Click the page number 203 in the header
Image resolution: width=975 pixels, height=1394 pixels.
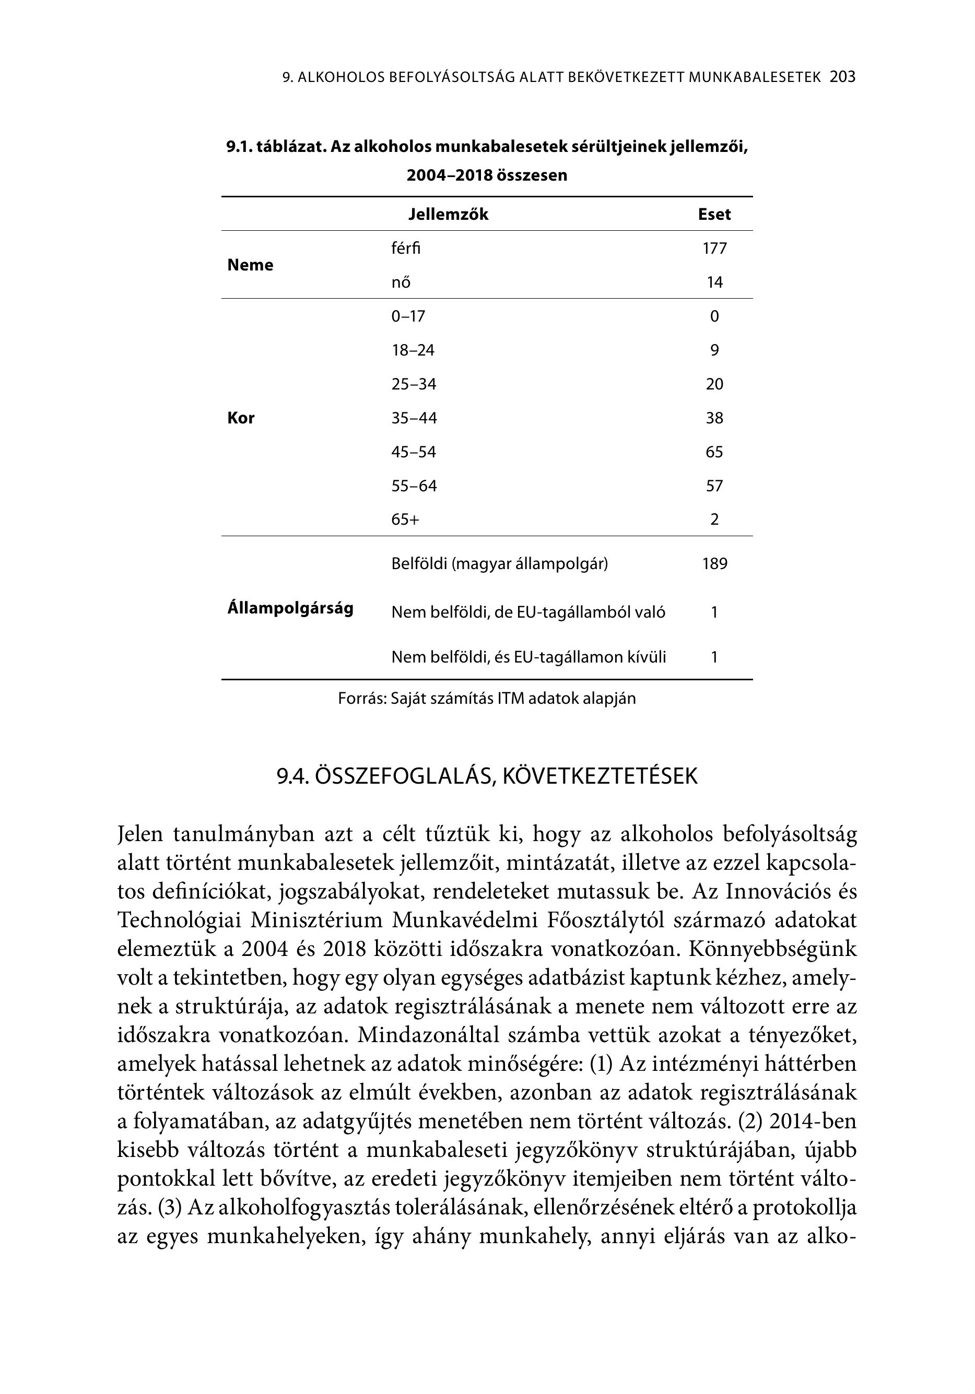click(x=842, y=77)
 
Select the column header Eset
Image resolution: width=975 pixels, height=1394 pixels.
click(x=714, y=215)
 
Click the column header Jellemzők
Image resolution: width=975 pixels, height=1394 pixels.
click(x=448, y=215)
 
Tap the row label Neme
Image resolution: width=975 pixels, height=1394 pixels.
click(x=250, y=265)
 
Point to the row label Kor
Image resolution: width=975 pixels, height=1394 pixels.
click(x=241, y=418)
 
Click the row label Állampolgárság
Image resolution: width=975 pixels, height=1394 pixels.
click(x=290, y=608)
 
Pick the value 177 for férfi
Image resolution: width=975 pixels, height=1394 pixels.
click(x=714, y=249)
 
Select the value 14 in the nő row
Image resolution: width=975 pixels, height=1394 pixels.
click(x=714, y=282)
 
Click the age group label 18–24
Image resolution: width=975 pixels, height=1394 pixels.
click(x=413, y=350)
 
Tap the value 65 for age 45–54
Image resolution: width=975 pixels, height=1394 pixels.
click(x=714, y=452)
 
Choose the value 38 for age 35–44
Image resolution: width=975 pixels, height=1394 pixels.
click(x=714, y=418)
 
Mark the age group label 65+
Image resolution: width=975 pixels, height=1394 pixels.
click(x=405, y=519)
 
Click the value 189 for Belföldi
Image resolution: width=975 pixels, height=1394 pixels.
click(x=714, y=564)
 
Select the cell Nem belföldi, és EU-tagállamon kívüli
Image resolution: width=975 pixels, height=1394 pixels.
click(x=528, y=657)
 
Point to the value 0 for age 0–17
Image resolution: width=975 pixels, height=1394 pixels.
click(x=714, y=316)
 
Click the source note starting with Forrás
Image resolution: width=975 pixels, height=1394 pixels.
click(x=487, y=698)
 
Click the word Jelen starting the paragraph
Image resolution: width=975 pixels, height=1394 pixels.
click(x=140, y=835)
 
